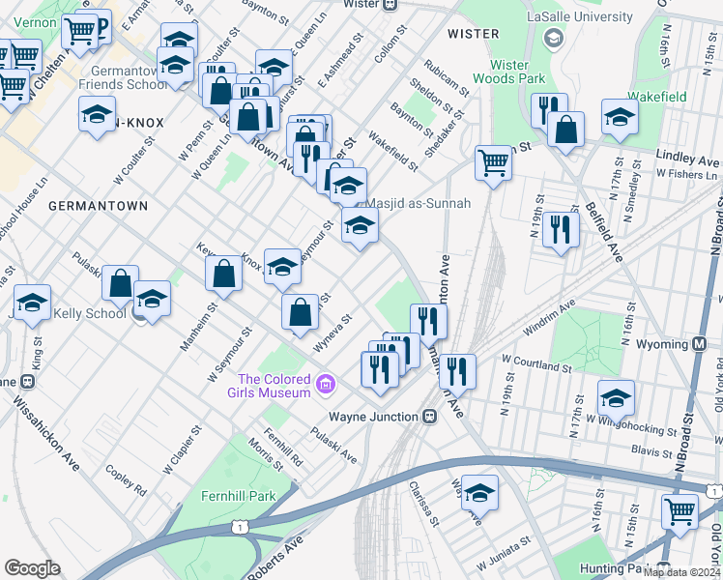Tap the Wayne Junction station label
pyautogui.click(x=375, y=417)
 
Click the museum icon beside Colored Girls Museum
pyautogui.click(x=326, y=386)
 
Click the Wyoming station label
pyautogui.click(x=662, y=344)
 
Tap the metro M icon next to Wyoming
pyautogui.click(x=700, y=344)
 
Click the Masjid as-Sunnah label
pyautogui.click(x=419, y=203)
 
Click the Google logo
pyautogui.click(x=33, y=568)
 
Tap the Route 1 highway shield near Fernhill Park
pyautogui.click(x=238, y=525)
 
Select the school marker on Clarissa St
pyautogui.click(x=479, y=493)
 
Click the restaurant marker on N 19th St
pyautogui.click(x=561, y=229)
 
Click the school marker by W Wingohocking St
pyautogui.click(x=616, y=397)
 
